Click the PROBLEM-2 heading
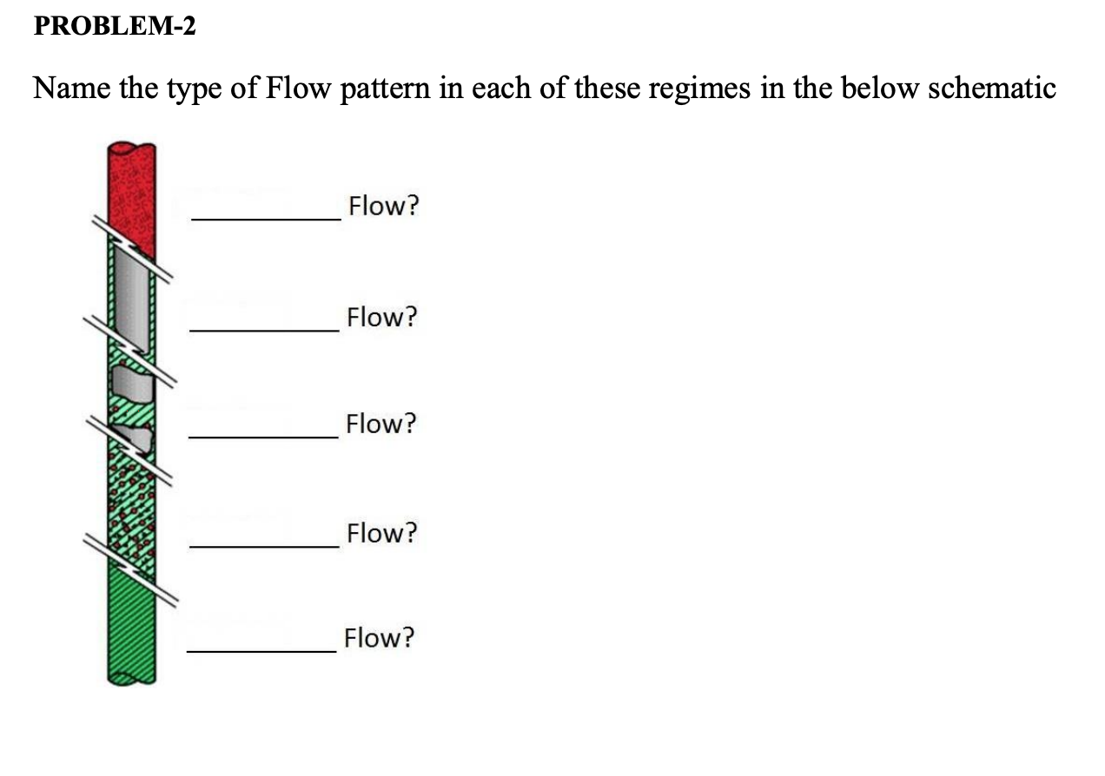115,27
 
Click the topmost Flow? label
382,207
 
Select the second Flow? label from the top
381,317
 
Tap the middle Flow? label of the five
380,424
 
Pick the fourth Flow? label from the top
381,532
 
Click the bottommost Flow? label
379,639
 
